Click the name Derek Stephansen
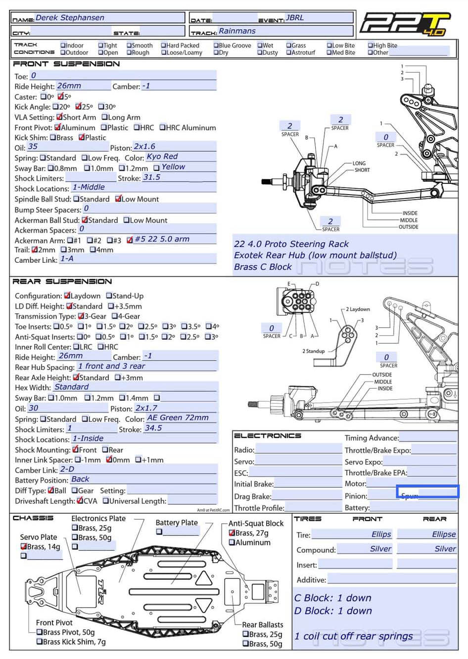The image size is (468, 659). click(x=70, y=18)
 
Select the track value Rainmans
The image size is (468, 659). click(x=237, y=31)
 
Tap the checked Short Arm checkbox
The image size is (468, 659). click(x=59, y=117)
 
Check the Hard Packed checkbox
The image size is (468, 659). click(x=164, y=45)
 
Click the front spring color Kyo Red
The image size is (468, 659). click(x=162, y=157)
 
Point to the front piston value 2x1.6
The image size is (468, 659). click(x=144, y=147)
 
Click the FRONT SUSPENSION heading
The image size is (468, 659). click(x=66, y=64)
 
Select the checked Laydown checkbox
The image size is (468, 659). click(x=67, y=295)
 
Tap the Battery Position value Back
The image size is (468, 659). click(x=80, y=479)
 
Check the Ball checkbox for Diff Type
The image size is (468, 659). click(x=51, y=491)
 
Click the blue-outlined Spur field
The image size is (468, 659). click(x=427, y=492)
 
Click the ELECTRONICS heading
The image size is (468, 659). click(x=267, y=436)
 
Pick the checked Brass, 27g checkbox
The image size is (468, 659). click(x=232, y=533)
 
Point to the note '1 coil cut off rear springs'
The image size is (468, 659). click(x=353, y=636)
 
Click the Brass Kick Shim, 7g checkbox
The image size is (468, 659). click(x=40, y=642)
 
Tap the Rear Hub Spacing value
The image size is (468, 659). click(x=111, y=367)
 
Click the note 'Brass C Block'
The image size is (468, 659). click(x=263, y=267)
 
